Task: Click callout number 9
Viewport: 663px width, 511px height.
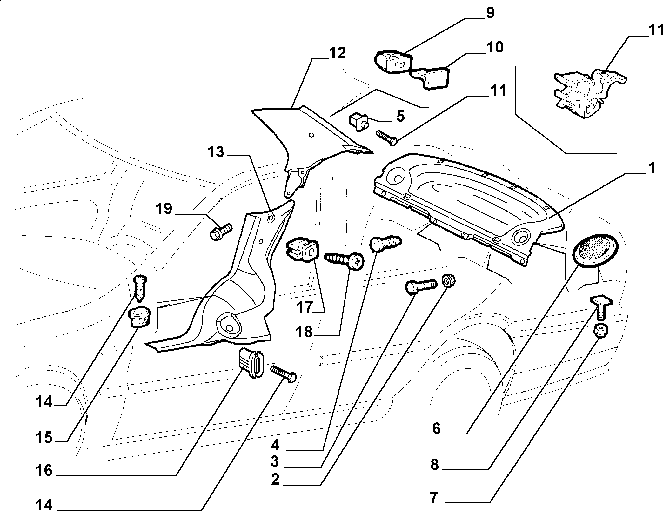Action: [x=490, y=13]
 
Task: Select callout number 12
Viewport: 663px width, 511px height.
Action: [x=337, y=53]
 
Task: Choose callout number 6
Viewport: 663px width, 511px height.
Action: [x=437, y=428]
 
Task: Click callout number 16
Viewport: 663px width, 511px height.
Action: [x=44, y=470]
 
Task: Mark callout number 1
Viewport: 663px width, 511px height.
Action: [x=652, y=168]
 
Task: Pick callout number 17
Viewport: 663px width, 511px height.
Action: [x=305, y=307]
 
